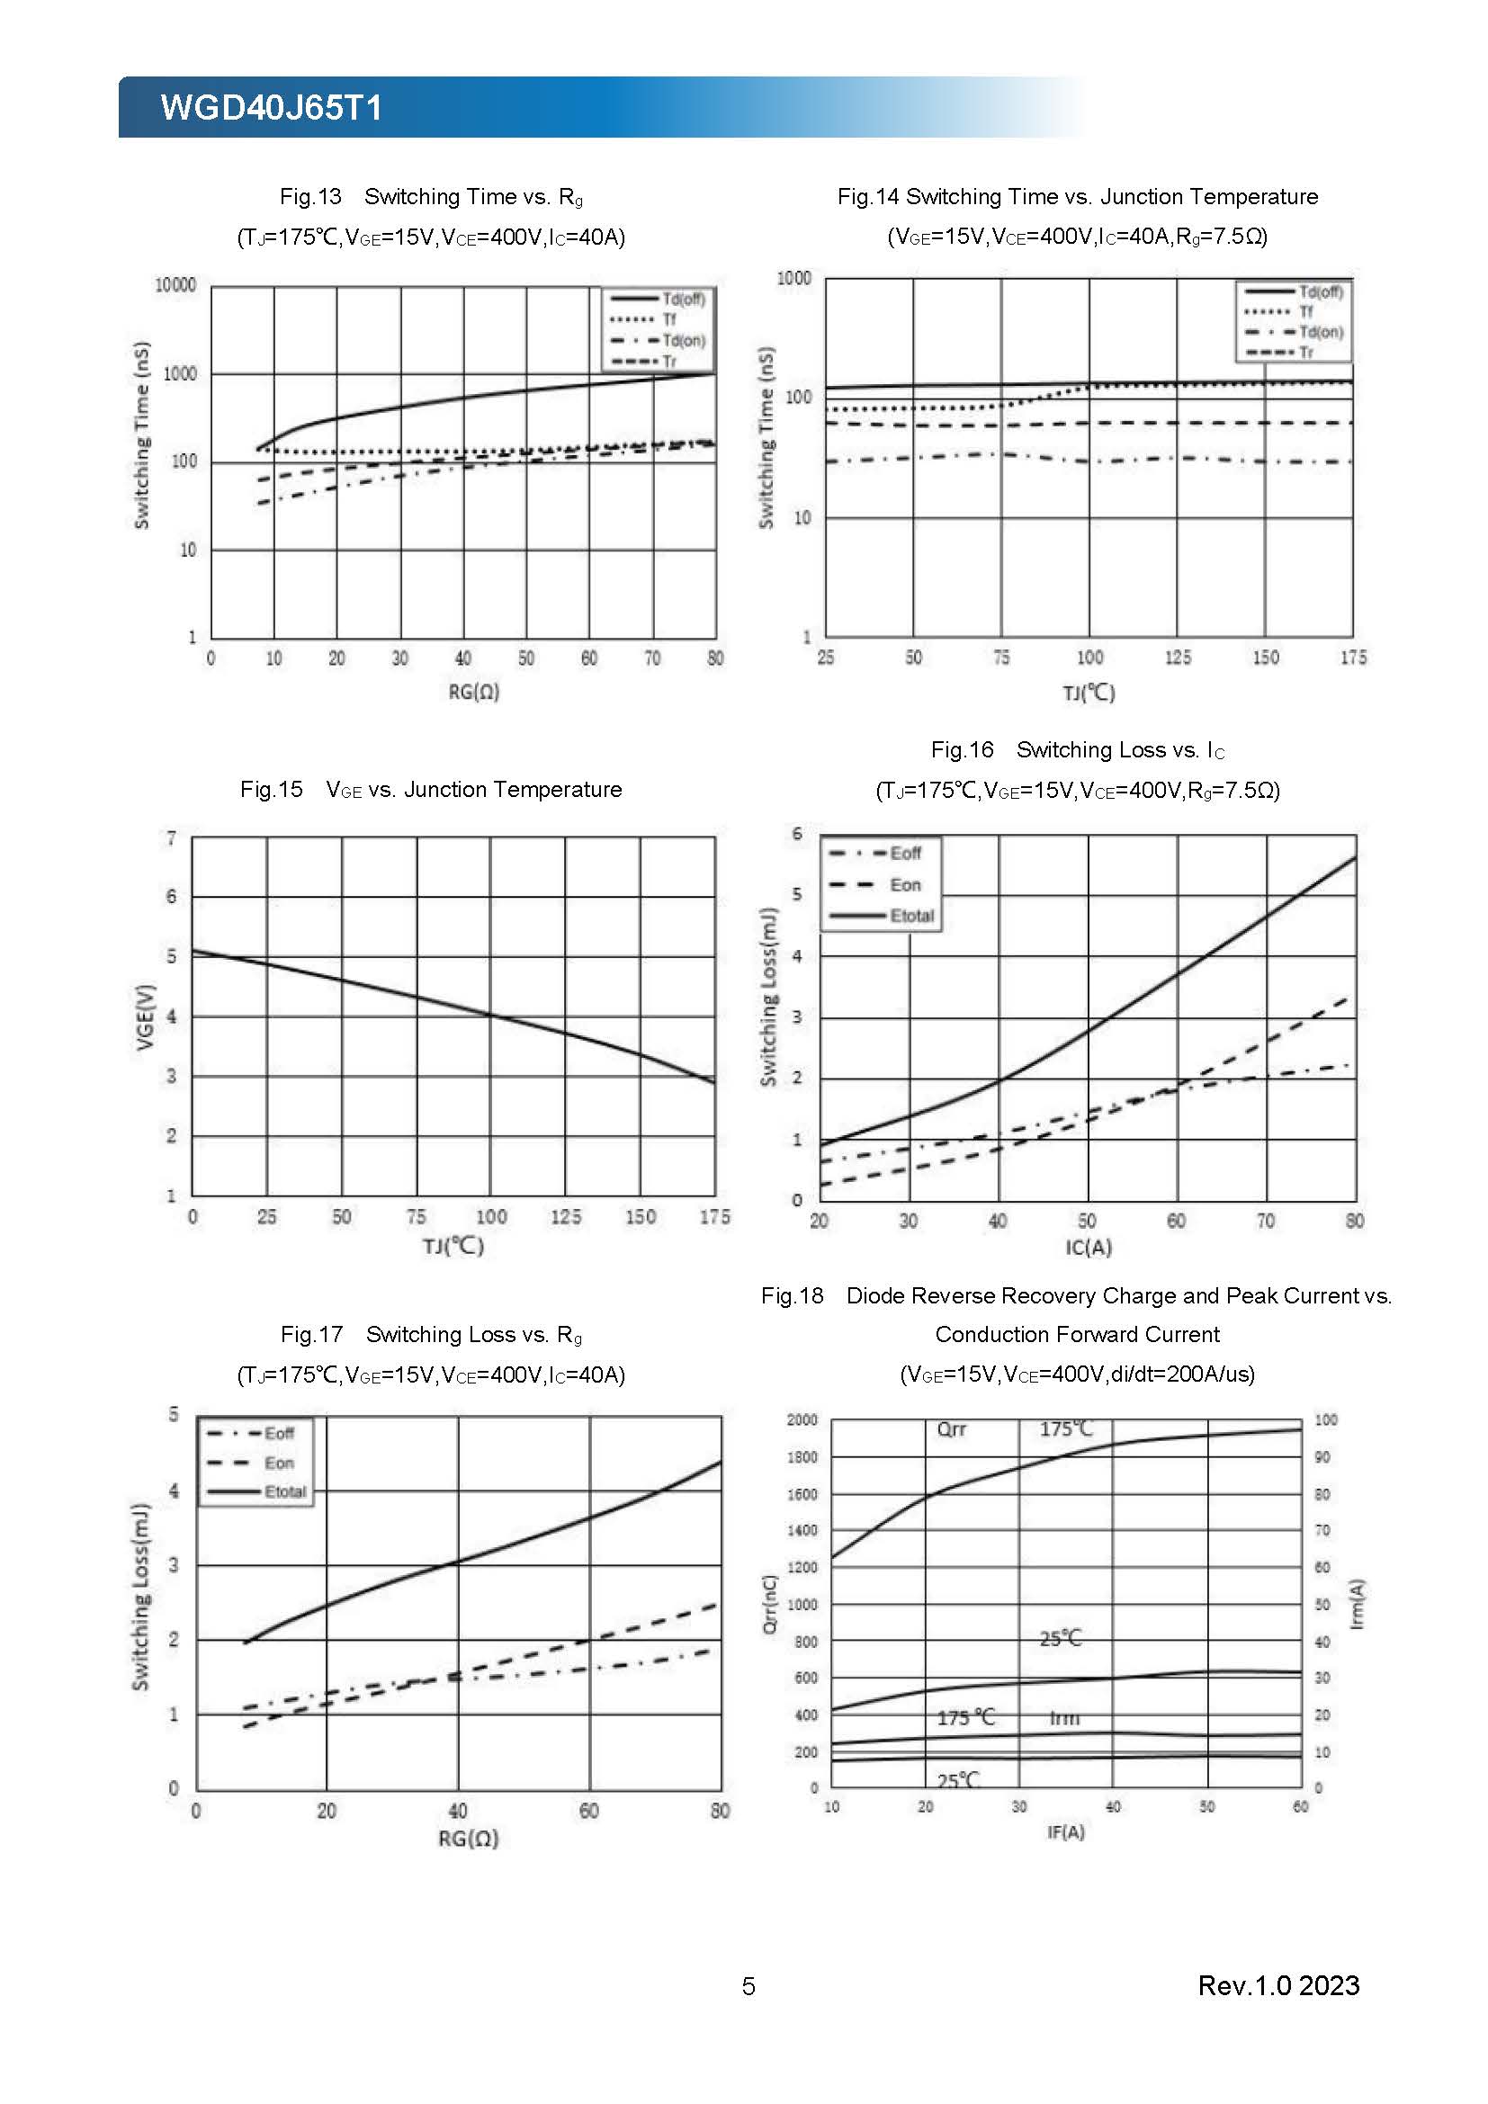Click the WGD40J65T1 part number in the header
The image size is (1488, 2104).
pyautogui.click(x=271, y=108)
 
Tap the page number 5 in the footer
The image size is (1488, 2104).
pyautogui.click(x=748, y=1986)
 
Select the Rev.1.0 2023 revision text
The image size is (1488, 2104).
pyautogui.click(x=1278, y=1985)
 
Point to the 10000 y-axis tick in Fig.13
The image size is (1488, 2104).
pyautogui.click(x=175, y=286)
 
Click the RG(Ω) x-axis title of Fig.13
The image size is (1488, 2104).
pyautogui.click(x=474, y=692)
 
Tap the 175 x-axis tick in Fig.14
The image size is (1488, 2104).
pyautogui.click(x=1352, y=657)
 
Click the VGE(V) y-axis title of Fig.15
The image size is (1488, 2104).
pyautogui.click(x=145, y=1017)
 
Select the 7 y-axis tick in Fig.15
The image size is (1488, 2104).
pyautogui.click(x=171, y=838)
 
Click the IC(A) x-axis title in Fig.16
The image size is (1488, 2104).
pyautogui.click(x=1088, y=1247)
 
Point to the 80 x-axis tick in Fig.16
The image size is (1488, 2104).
pyautogui.click(x=1354, y=1221)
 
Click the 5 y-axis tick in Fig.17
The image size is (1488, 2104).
pyautogui.click(x=173, y=1415)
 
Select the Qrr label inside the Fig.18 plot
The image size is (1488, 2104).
pyautogui.click(x=951, y=1429)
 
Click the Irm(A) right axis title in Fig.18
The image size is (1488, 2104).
pyautogui.click(x=1357, y=1604)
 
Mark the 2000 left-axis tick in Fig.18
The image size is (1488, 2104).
pyautogui.click(x=802, y=1420)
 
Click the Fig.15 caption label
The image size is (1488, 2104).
pyautogui.click(x=271, y=790)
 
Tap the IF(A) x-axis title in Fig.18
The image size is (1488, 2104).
pyautogui.click(x=1065, y=1831)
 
